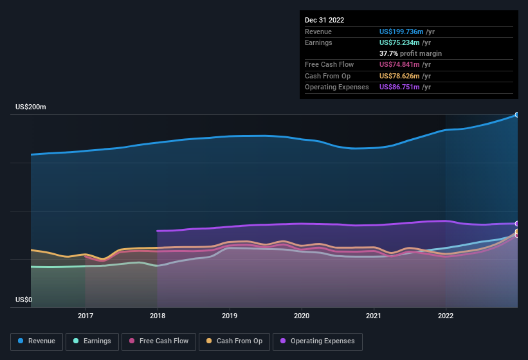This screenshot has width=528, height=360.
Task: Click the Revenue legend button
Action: (37, 341)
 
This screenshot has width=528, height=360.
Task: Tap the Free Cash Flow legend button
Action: (158, 341)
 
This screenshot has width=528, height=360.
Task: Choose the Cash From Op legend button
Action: (234, 341)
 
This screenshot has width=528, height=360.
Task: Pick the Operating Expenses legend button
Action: (318, 341)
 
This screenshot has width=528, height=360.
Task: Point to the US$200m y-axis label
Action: (31, 107)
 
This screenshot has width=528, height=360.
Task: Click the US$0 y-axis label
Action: (24, 300)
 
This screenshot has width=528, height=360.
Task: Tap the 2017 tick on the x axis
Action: (86, 316)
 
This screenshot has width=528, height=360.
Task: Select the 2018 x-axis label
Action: (158, 316)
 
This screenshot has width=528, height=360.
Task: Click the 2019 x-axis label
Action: (230, 316)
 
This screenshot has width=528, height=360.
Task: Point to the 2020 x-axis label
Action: (302, 316)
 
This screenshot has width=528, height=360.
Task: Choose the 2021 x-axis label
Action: (374, 316)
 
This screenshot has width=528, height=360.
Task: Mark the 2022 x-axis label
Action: (446, 316)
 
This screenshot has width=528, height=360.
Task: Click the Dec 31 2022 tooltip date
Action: (324, 20)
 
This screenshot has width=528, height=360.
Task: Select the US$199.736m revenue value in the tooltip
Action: (401, 32)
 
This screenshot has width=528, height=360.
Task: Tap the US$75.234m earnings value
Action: (399, 42)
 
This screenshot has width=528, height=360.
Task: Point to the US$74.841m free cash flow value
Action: (399, 64)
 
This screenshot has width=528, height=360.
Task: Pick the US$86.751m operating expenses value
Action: (399, 87)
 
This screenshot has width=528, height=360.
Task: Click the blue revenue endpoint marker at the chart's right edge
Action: (516, 114)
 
